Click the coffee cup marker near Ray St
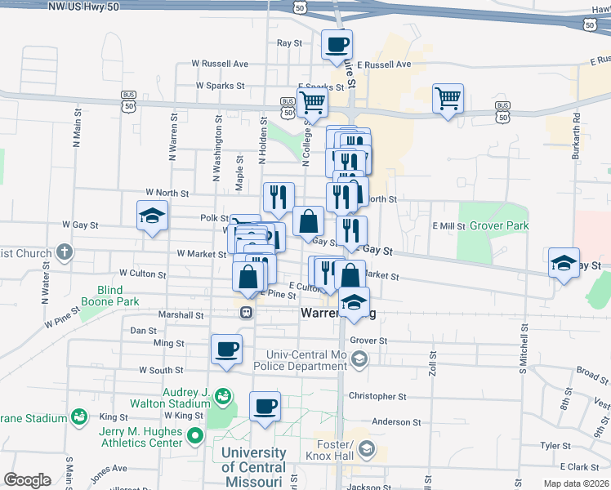pos(336,45)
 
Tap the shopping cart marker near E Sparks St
pos(312,104)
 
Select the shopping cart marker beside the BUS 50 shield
pos(448,99)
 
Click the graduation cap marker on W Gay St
pos(152,216)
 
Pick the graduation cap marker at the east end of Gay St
pos(564,263)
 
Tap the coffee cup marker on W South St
pos(226,350)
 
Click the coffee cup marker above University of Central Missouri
pos(265,407)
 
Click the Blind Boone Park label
pos(109,296)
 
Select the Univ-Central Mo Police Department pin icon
pos(358,359)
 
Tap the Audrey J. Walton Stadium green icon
pos(222,397)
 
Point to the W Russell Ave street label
pos(220,63)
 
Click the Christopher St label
pos(377,396)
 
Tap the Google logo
pos(28,480)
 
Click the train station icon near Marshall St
pos(244,313)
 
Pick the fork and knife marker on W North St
pos(278,197)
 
